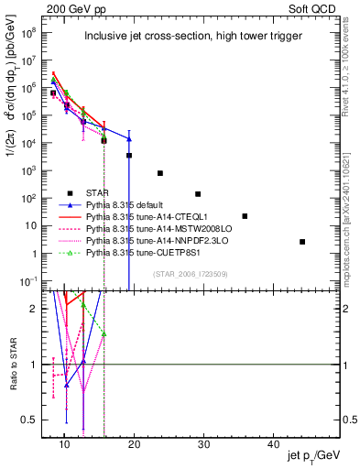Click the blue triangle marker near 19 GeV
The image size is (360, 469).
coord(129,138)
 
